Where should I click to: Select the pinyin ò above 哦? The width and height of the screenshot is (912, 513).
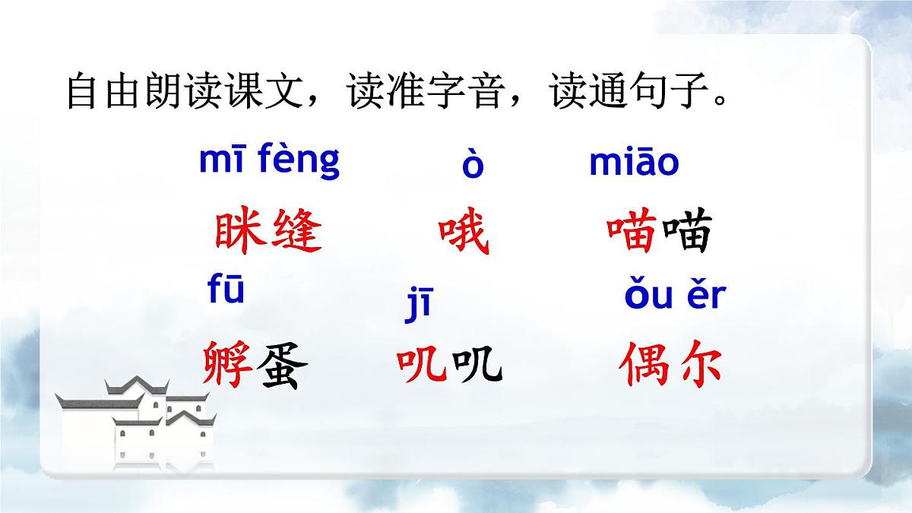point(473,166)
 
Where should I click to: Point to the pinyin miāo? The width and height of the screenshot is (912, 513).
point(634,163)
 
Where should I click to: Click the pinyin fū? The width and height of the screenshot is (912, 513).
point(226,291)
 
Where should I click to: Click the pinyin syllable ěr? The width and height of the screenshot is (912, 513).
point(706,296)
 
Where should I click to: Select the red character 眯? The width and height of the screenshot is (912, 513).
point(240,232)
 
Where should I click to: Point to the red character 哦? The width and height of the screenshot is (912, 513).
point(464,233)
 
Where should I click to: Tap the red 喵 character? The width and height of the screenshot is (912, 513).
point(632,233)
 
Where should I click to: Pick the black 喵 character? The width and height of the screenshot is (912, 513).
point(686,233)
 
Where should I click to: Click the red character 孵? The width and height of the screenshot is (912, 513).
point(229,365)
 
